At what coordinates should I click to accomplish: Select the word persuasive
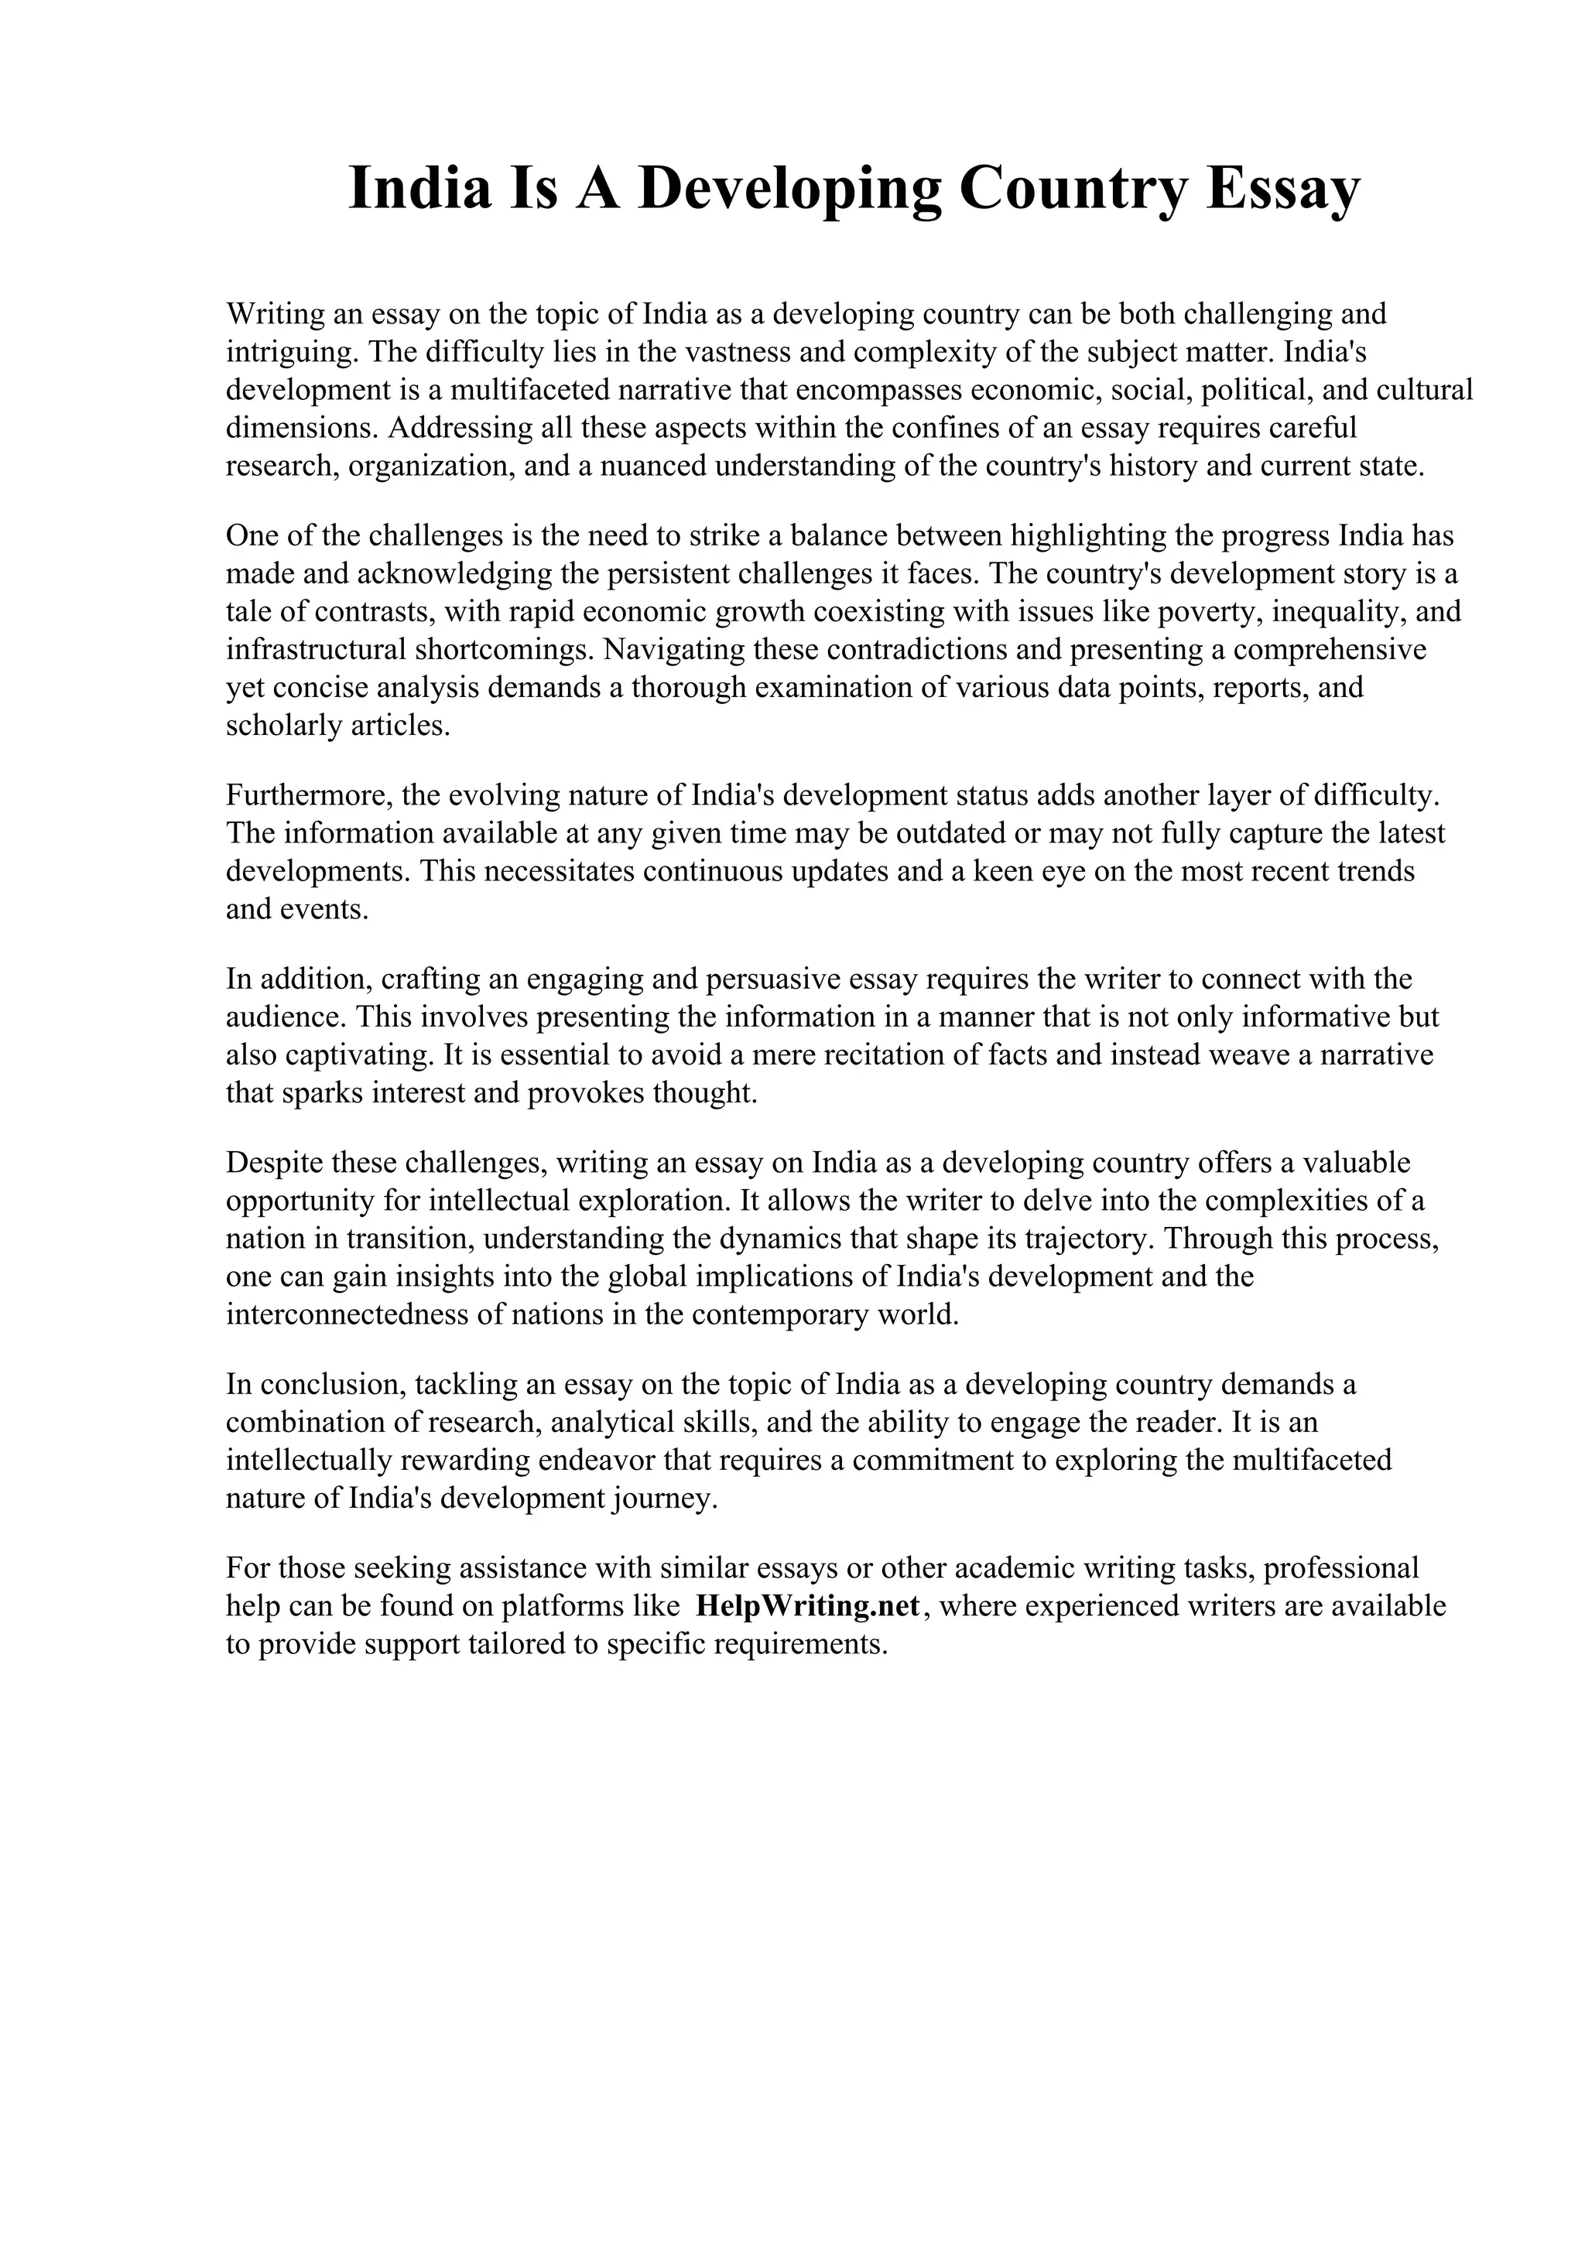pos(777,979)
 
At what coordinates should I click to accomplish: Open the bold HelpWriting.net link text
pos(809,1606)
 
